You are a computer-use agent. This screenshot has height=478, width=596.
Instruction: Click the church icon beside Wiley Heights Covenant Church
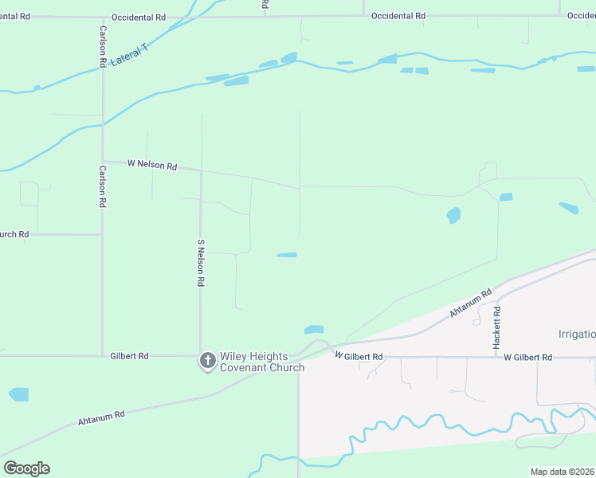tap(207, 361)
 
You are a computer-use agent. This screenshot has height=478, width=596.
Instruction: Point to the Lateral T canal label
tap(129, 56)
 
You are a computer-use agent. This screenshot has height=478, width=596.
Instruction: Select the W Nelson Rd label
tap(151, 164)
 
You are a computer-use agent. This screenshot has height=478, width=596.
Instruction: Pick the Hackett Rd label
tap(496, 327)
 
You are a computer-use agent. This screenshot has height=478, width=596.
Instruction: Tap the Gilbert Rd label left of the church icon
tap(129, 356)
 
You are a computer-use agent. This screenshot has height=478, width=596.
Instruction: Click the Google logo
tap(26, 468)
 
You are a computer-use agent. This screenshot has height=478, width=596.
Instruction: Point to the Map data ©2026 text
tap(562, 472)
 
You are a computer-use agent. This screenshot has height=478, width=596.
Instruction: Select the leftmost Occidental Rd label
tap(139, 17)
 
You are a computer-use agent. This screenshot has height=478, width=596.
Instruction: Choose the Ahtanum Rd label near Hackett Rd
tap(467, 303)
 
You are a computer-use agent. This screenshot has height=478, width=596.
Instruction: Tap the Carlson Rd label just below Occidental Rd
tap(103, 45)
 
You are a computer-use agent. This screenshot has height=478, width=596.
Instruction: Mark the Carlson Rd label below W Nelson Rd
tap(102, 186)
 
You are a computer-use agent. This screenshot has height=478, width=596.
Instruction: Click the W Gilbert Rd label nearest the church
tap(359, 356)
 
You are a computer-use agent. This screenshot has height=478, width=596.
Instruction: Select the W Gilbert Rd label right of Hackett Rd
tap(527, 358)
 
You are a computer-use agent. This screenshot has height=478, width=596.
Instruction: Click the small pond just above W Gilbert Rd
tap(314, 329)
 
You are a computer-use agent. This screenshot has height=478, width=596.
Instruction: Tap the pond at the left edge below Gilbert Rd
tap(18, 394)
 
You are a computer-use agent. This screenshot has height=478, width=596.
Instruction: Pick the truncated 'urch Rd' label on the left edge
tap(14, 234)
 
